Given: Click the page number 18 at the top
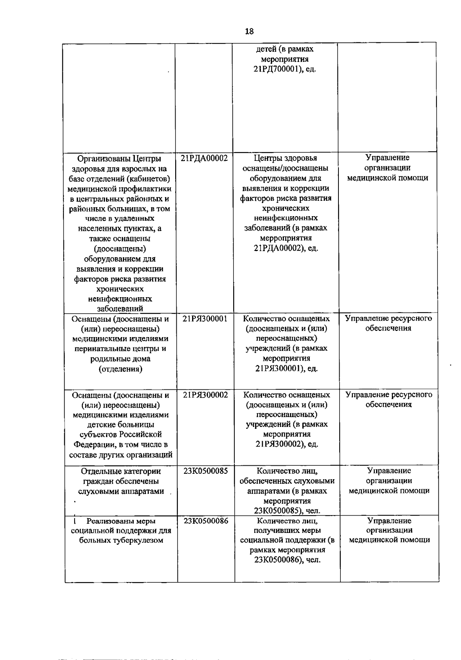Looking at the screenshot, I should tap(249, 31).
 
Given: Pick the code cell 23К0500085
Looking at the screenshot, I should tap(206, 471).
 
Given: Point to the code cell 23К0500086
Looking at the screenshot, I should tap(206, 521).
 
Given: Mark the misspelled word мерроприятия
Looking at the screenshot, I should tap(286, 238).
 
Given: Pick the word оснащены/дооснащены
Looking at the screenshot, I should tap(285, 168).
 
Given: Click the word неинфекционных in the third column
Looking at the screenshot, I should tap(286, 218).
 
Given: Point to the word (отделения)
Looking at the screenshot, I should tap(120, 369).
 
